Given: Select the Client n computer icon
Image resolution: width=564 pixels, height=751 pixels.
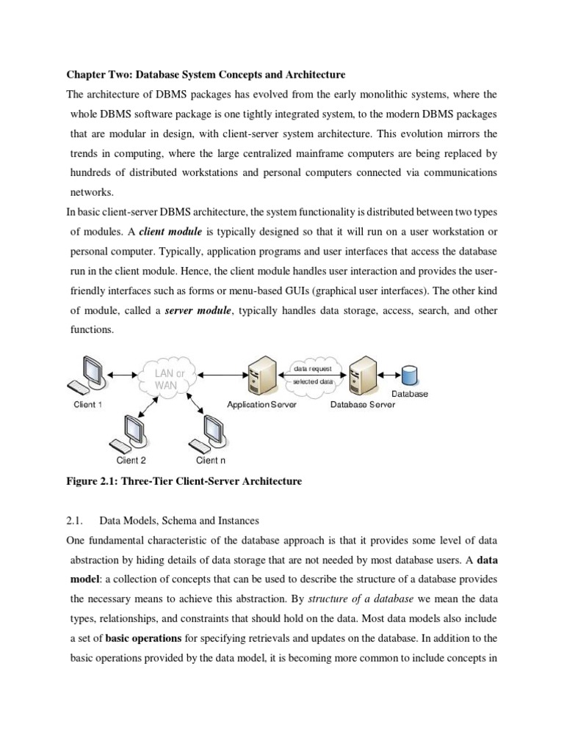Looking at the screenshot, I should pos(211,433).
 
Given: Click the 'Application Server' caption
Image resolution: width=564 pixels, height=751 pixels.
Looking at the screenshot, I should pos(261,405).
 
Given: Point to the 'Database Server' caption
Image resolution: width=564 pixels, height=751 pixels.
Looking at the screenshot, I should pos(363,405).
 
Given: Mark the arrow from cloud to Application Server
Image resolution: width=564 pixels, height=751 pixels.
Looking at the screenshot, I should pos(221,376).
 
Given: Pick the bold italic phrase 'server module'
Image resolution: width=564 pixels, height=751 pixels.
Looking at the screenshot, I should pos(198,311).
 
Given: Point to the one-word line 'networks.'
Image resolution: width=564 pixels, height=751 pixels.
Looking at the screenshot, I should pos(90,193).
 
